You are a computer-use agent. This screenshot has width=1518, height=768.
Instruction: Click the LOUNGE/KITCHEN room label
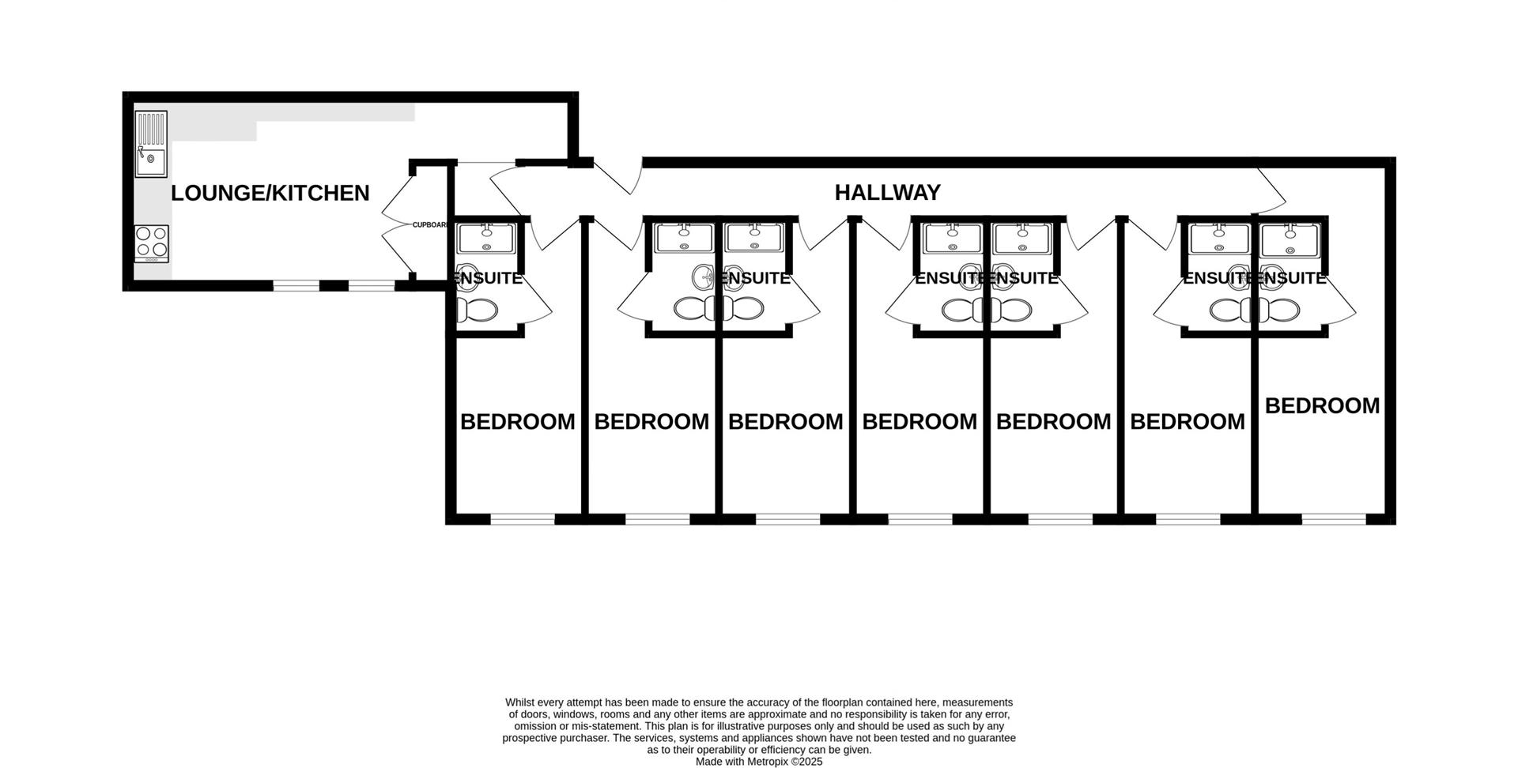270,193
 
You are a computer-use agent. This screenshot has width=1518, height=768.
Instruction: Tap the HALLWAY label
887,192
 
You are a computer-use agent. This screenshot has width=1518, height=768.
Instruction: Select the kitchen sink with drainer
150,143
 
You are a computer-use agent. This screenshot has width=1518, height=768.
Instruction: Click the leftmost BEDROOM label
517,422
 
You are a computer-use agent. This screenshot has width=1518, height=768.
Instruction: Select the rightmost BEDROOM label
1322,405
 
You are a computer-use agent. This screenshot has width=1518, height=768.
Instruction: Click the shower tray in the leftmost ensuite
486,238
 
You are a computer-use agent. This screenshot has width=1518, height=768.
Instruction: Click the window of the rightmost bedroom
1334,519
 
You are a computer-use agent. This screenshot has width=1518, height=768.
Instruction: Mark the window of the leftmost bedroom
523,519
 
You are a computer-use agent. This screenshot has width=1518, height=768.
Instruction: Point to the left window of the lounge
296,285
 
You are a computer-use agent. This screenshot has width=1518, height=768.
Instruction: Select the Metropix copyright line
759,762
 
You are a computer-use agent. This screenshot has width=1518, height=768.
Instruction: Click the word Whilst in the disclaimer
520,702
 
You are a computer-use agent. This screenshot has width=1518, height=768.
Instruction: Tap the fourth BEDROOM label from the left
919,422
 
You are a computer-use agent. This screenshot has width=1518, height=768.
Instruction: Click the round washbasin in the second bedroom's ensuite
703,277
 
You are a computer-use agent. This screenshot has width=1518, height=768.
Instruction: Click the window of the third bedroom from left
787,519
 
